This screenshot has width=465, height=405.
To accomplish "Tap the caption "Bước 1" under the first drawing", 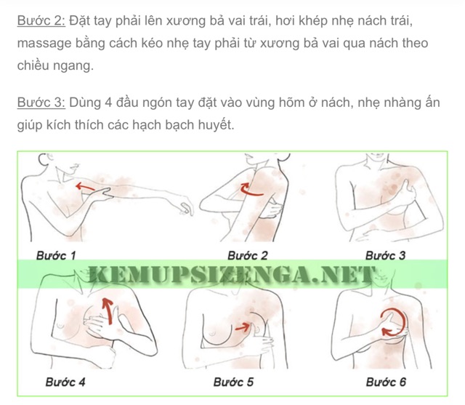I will (x=56, y=256).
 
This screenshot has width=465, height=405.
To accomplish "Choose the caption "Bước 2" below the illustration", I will (x=248, y=256).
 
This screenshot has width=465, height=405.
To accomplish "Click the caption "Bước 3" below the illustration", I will (x=385, y=256).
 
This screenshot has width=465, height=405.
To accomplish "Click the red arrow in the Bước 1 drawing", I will (x=85, y=188).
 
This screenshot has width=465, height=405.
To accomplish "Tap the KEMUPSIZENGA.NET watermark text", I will (x=232, y=276).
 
